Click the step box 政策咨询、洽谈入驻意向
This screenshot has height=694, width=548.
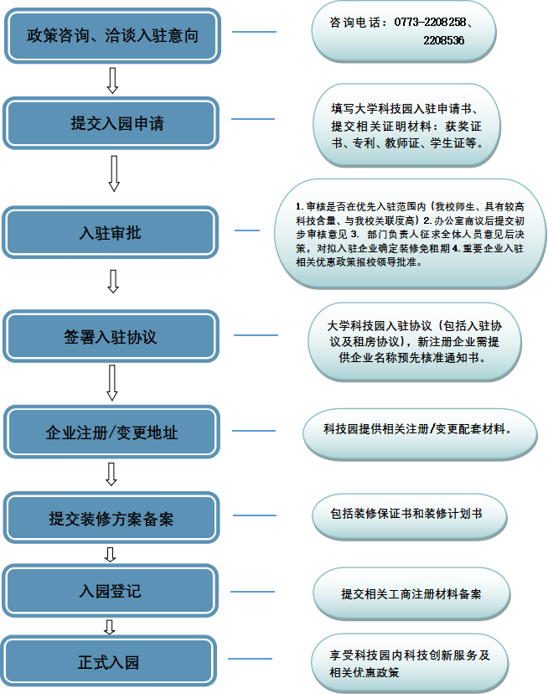click(x=111, y=35)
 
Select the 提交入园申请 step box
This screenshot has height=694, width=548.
click(x=111, y=123)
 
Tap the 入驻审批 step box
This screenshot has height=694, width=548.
click(x=111, y=233)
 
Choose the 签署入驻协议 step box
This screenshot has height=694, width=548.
click(x=111, y=337)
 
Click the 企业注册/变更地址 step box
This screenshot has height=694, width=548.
click(x=111, y=432)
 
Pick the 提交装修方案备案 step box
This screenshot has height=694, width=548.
click(x=111, y=520)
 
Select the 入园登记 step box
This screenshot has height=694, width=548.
click(x=111, y=591)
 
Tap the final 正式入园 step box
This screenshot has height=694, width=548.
click(x=111, y=662)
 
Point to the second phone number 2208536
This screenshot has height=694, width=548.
click(x=444, y=40)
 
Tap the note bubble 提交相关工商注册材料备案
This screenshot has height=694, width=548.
click(x=411, y=593)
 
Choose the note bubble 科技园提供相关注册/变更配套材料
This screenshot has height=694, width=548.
click(x=419, y=429)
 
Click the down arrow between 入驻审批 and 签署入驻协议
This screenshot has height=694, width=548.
click(x=114, y=282)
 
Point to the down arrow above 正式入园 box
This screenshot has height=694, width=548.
click(x=109, y=627)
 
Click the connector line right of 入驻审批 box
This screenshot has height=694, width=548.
click(x=247, y=230)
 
